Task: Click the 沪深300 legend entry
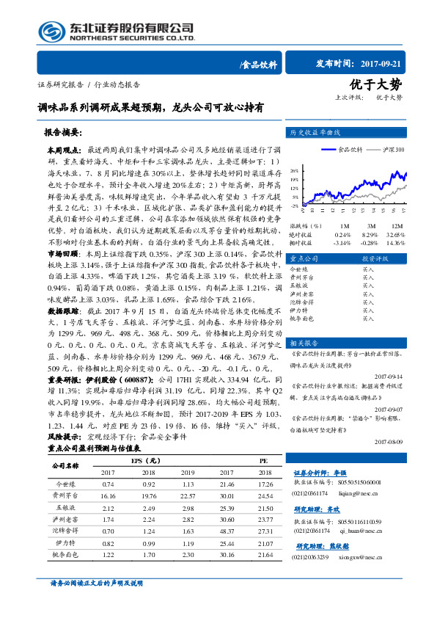[x=393, y=148]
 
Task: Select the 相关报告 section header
[x=306, y=342]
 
